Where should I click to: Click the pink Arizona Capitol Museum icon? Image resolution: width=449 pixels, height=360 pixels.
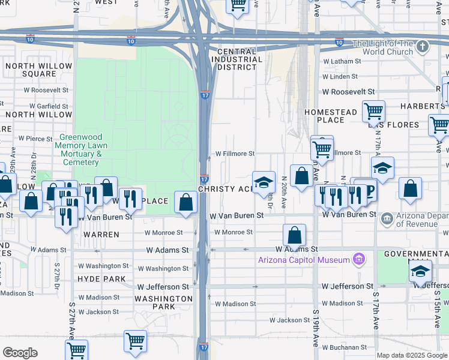coord(359,259)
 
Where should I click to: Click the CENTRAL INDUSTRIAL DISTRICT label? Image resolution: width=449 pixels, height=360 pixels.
coord(240,59)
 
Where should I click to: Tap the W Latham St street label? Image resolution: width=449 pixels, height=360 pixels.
coord(342,61)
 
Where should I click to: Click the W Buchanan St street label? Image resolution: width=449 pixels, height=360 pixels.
coord(344,347)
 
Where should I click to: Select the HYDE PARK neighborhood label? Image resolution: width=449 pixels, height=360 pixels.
coord(101,279)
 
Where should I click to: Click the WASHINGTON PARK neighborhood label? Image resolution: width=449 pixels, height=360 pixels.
coord(163,302)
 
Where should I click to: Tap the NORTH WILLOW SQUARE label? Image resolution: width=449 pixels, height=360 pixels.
coord(31,70)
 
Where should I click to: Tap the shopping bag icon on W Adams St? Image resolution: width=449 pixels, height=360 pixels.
coord(294,235)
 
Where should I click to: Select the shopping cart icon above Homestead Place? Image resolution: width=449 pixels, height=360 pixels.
coord(373,111)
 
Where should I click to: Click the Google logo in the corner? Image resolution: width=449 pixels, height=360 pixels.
coord(20,353)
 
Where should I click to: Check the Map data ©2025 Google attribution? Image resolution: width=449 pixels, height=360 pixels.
coord(412,356)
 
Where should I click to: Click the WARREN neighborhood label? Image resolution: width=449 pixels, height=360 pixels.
coord(101,235)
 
